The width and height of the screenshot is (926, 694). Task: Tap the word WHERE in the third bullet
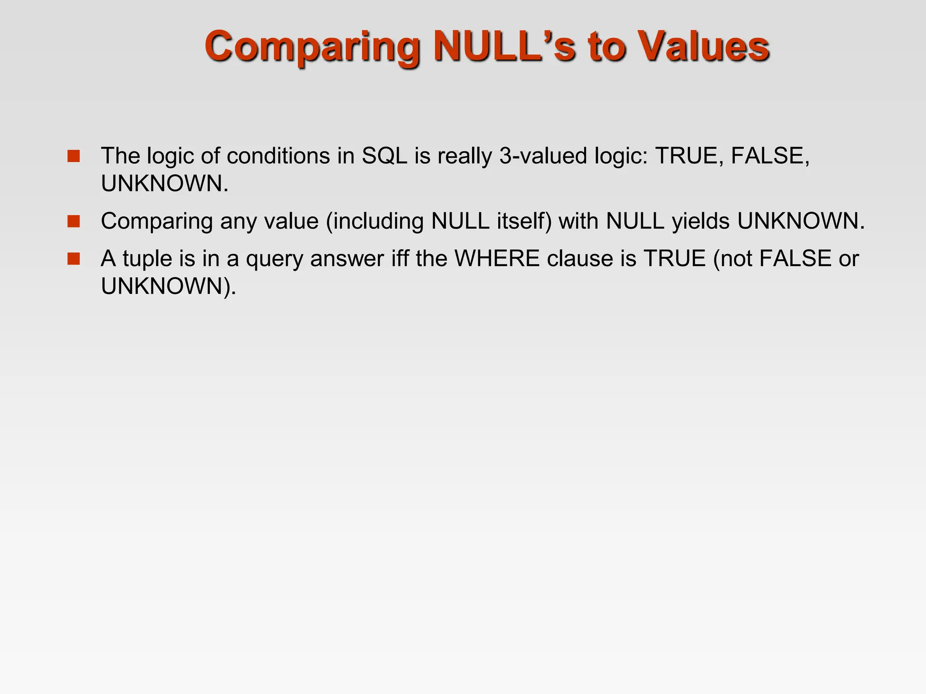(497, 258)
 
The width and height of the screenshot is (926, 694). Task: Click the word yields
(700, 222)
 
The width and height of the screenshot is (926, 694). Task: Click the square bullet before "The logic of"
(74, 156)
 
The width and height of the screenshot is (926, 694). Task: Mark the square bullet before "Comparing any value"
(74, 221)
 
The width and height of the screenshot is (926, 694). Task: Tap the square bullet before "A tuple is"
(74, 259)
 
